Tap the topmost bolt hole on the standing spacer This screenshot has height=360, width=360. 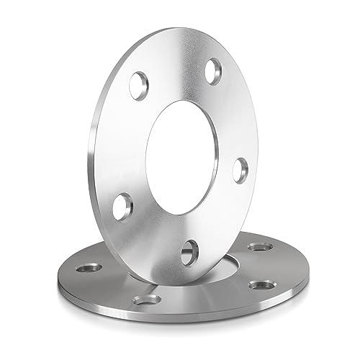pyautogui.click(x=213, y=71)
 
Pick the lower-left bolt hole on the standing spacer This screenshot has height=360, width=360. pyautogui.click(x=122, y=205)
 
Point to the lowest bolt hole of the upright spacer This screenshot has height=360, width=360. pyautogui.click(x=189, y=252)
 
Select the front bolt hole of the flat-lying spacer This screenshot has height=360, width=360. pyautogui.click(x=147, y=299)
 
